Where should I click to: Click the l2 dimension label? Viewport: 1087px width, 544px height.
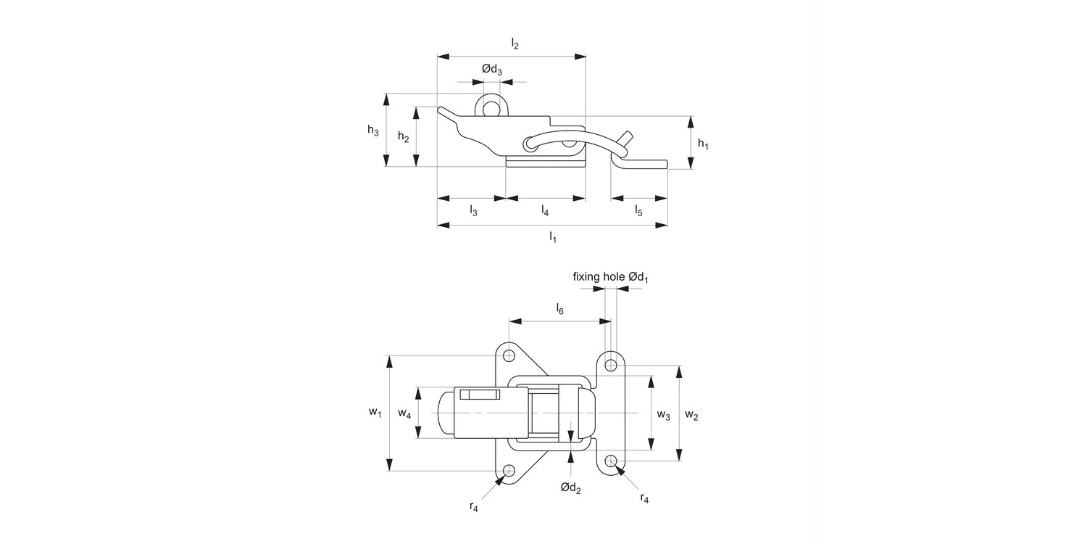click(515, 44)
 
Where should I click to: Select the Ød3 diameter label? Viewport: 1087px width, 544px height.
click(492, 70)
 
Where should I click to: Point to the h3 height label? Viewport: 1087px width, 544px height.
click(372, 131)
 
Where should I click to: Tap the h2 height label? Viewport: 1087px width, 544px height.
click(404, 136)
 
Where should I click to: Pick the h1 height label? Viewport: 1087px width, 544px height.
click(703, 144)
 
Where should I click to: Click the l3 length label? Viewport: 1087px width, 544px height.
click(473, 211)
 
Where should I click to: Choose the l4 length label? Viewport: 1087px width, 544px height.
click(545, 211)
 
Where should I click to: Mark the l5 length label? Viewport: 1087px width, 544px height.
click(638, 211)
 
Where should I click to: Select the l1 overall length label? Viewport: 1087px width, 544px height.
click(552, 237)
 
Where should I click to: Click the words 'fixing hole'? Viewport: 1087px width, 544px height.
click(599, 276)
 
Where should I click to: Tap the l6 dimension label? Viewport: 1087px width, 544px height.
click(559, 310)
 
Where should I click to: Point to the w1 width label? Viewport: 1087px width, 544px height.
click(374, 413)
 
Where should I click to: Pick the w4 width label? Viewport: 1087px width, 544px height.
click(404, 413)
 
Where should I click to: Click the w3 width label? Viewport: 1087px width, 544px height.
click(663, 414)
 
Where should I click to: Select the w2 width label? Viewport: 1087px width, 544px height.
click(691, 416)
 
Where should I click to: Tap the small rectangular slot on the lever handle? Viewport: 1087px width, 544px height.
click(480, 395)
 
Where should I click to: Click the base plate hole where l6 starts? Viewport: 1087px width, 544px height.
click(509, 355)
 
